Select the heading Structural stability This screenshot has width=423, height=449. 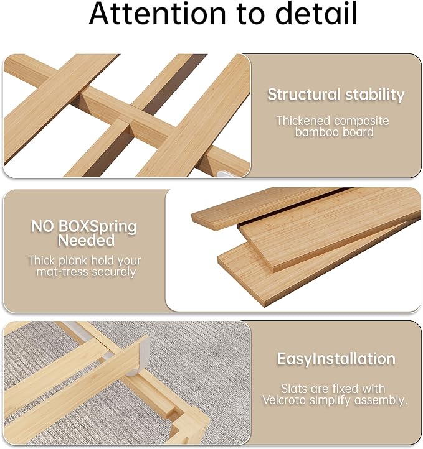(336, 95)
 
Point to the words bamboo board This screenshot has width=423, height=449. (335, 132)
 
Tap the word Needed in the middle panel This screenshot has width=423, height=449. (86, 240)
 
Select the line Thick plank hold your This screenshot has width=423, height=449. (84, 261)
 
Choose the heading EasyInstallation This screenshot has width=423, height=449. (336, 359)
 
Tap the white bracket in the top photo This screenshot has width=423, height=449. (228, 166)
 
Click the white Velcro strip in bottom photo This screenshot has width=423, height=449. (143, 351)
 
